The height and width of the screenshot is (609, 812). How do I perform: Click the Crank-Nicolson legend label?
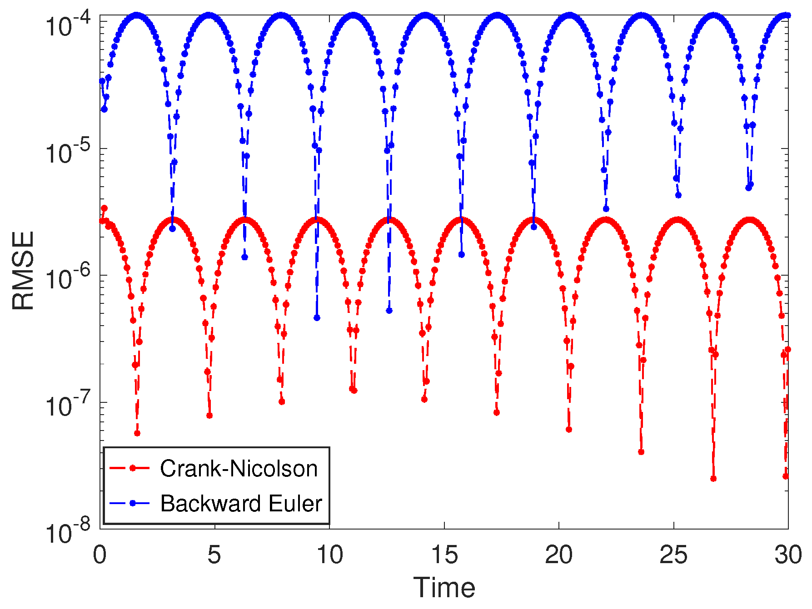coord(239,468)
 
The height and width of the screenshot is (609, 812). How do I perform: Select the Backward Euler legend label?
coord(241,503)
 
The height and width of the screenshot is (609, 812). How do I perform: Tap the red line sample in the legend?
coord(130,468)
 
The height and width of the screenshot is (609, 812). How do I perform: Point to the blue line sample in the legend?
coord(130,503)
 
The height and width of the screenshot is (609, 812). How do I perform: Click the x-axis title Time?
coord(444,588)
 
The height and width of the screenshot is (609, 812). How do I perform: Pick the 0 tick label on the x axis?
coord(100,555)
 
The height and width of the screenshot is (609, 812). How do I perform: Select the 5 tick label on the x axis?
coord(214,555)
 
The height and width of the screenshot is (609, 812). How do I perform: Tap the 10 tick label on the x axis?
coord(329,555)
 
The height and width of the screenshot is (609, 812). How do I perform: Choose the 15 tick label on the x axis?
coord(444,555)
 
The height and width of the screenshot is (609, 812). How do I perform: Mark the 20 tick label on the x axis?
coord(559,555)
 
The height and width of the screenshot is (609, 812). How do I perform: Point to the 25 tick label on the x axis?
coord(673,555)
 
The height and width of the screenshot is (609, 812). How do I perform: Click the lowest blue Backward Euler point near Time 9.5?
coord(317,318)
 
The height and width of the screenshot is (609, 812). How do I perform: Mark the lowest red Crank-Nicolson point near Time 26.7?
coord(713,479)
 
